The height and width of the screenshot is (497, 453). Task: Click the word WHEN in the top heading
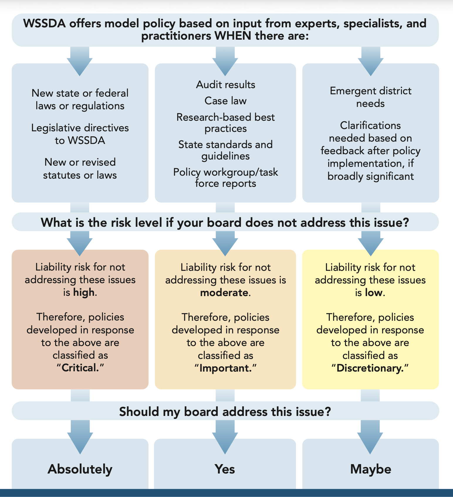(233, 36)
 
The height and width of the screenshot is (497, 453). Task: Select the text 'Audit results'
(225, 85)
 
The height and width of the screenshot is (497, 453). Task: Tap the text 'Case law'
(225, 101)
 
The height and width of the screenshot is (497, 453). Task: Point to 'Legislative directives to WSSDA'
(80, 134)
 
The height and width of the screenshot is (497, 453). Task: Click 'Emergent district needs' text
(370, 97)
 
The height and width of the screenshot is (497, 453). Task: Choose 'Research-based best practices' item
(225, 123)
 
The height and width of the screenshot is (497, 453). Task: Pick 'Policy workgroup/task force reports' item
(225, 177)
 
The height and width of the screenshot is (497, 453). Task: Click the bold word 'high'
(84, 292)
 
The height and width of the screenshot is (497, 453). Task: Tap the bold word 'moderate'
(224, 293)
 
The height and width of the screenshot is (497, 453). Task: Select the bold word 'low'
(373, 293)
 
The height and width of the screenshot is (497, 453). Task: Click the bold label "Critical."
(80, 368)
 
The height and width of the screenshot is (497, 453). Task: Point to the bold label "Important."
(225, 368)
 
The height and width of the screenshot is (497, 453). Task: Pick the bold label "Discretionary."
(370, 368)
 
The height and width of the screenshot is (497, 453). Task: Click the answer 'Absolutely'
(80, 469)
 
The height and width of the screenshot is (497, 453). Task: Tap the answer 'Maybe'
(371, 469)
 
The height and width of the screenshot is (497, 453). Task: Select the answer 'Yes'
(225, 469)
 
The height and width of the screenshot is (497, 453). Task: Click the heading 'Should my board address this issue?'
(225, 412)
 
